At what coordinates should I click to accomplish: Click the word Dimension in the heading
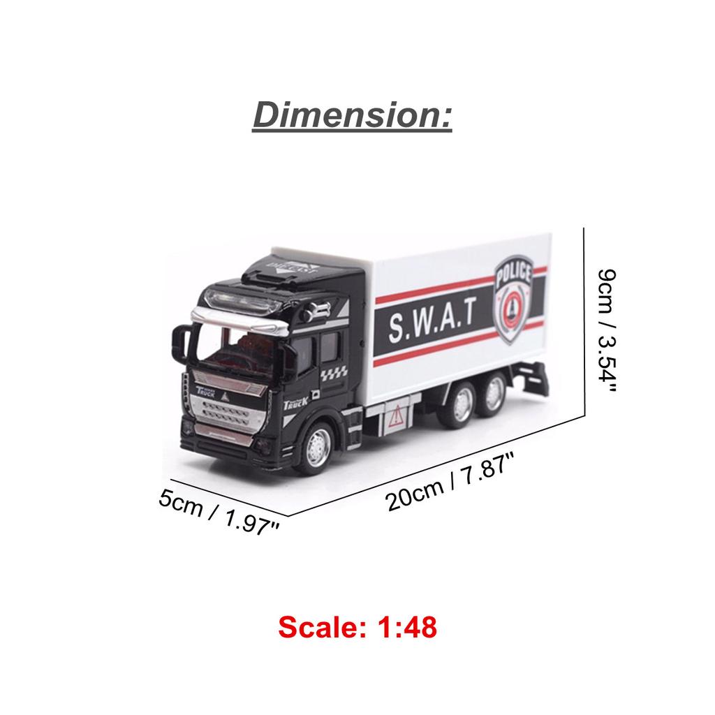(352, 114)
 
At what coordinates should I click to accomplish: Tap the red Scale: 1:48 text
(357, 627)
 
